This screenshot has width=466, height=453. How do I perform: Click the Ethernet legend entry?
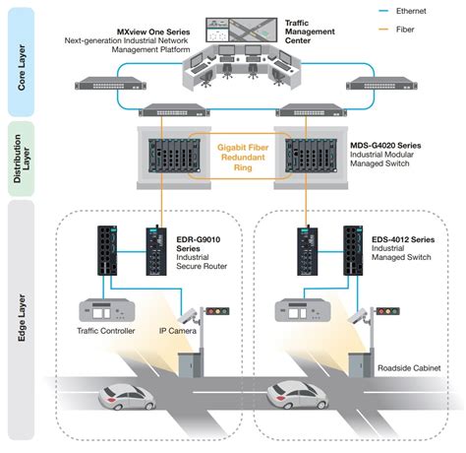(402, 11)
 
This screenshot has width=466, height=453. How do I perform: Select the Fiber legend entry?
(396, 30)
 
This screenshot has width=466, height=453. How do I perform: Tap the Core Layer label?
(22, 67)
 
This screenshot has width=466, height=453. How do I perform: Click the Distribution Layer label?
(22, 159)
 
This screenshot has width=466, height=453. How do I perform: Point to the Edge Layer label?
(22, 318)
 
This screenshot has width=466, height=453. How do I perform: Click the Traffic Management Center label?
(310, 32)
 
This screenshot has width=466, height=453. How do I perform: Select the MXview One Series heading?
(153, 32)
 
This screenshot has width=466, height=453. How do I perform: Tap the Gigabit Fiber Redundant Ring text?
(243, 158)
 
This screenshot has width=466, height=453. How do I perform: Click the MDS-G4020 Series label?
(385, 146)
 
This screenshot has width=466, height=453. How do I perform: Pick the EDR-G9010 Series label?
(199, 244)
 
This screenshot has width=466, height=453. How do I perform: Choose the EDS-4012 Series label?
(403, 239)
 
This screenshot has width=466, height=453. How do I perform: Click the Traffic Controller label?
(106, 331)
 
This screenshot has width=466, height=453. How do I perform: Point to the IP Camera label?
(178, 331)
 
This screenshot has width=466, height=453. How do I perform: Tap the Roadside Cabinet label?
(409, 368)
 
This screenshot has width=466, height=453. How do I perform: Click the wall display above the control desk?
(242, 31)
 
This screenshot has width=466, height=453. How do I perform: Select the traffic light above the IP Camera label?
(217, 311)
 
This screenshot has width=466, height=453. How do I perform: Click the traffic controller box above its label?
(107, 310)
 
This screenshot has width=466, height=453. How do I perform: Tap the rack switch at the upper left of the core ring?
(110, 84)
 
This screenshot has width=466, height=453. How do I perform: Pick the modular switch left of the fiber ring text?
(174, 156)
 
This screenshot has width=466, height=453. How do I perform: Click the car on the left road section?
(127, 397)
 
